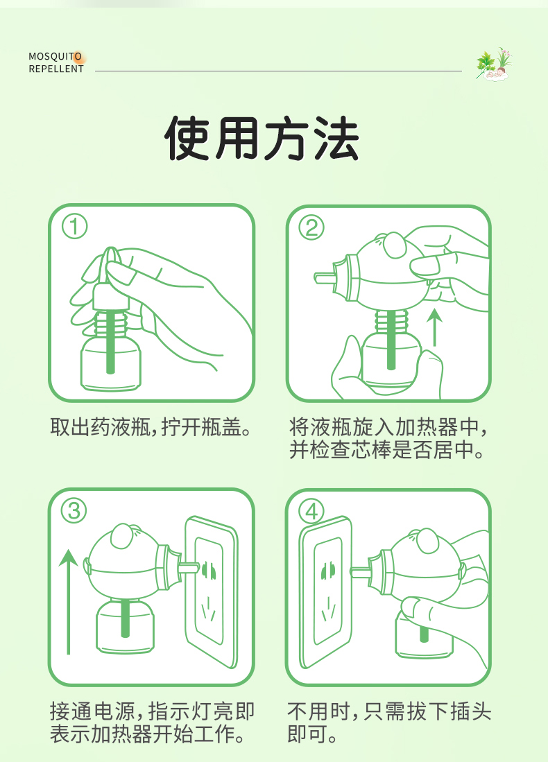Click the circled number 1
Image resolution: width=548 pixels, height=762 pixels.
tap(74, 227)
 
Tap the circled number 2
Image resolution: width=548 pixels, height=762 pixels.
tap(311, 227)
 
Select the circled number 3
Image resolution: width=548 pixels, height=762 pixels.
tap(74, 511)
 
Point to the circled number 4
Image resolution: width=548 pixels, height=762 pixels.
tap(311, 511)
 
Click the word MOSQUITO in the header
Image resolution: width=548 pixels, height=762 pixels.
tap(55, 56)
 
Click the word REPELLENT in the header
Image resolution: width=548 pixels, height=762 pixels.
tap(56, 69)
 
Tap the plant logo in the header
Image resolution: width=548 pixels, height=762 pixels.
tap(493, 64)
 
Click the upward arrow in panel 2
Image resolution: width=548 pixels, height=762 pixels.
tap(434, 327)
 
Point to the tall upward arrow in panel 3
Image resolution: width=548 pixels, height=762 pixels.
tap(69, 600)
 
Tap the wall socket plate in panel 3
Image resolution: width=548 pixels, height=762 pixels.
tap(211, 589)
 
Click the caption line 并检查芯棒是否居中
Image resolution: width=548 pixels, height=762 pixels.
tap(386, 451)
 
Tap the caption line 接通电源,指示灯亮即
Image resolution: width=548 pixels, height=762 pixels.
tap(152, 711)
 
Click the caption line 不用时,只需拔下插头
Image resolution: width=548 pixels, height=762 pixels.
tap(390, 711)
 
